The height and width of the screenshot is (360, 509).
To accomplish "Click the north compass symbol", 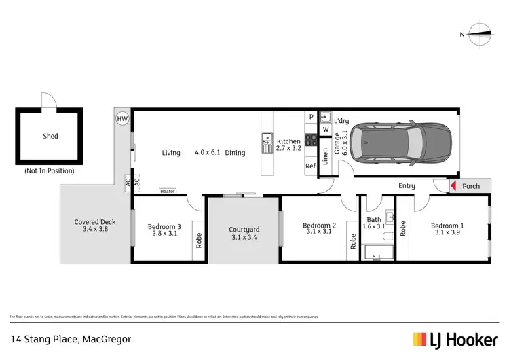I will (x=480, y=33).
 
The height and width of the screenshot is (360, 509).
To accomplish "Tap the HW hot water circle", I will (x=122, y=118).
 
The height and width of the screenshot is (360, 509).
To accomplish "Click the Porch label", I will (x=470, y=186).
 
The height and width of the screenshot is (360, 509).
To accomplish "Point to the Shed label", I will (x=50, y=136).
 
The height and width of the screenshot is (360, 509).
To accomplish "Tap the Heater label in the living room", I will (x=167, y=192).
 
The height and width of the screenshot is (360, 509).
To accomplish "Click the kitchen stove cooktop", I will (x=311, y=139).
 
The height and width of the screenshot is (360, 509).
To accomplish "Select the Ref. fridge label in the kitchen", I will (x=311, y=166).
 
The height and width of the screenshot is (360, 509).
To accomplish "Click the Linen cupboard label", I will (x=325, y=157).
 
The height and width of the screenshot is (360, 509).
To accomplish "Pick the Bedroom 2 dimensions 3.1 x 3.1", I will (x=320, y=232).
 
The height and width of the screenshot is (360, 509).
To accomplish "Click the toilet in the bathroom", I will (x=388, y=236).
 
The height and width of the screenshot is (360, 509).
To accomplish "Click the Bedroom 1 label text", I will (x=448, y=226).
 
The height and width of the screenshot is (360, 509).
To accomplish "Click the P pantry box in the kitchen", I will (x=311, y=117).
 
